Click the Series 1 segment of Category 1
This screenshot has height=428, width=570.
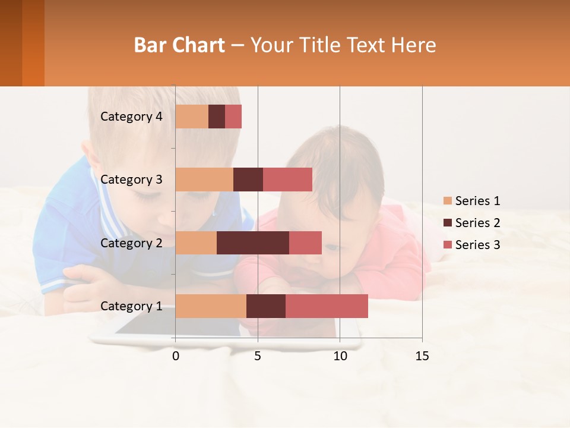[211, 306]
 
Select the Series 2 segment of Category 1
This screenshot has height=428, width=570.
[266, 306]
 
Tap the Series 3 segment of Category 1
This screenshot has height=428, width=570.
[327, 306]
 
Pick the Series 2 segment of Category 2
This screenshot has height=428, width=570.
[253, 243]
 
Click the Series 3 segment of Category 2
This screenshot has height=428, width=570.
[305, 243]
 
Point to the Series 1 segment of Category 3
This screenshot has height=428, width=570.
[204, 180]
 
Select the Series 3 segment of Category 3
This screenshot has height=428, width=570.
[287, 180]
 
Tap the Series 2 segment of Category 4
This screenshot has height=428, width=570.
[217, 117]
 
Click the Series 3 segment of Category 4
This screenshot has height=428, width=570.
[233, 117]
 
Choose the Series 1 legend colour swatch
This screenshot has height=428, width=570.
[447, 201]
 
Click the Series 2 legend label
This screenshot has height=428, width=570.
[477, 223]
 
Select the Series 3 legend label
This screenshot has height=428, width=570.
[477, 245]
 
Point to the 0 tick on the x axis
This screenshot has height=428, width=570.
[176, 356]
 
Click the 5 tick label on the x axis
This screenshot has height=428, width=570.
[258, 356]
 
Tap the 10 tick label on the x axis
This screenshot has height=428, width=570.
[340, 356]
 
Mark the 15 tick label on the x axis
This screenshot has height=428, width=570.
[422, 356]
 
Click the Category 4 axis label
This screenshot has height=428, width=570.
[131, 117]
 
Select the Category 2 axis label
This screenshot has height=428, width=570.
[131, 243]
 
